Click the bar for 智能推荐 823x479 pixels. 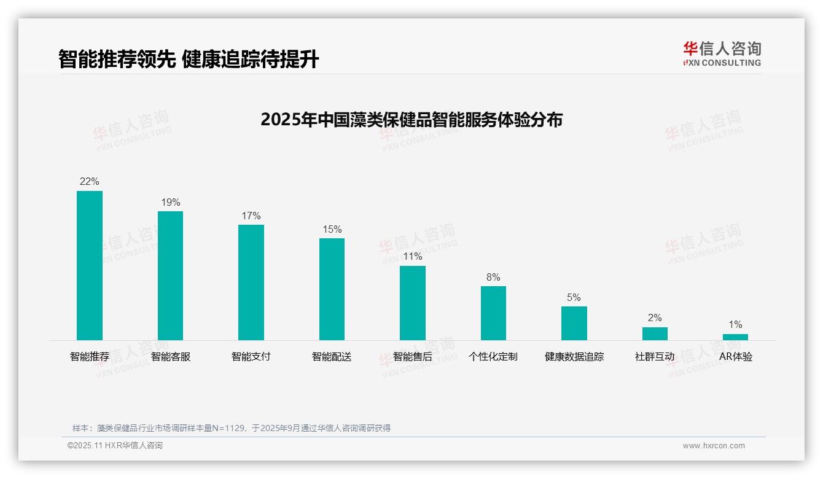click(x=90, y=265)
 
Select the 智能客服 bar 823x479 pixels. click(x=170, y=276)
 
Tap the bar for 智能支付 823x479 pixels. click(x=251, y=282)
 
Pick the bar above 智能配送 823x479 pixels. click(x=332, y=289)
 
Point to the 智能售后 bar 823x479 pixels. click(x=413, y=303)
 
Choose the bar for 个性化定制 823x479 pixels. click(x=493, y=313)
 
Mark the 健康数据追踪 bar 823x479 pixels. click(x=574, y=323)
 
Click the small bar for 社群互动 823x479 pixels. click(x=655, y=333)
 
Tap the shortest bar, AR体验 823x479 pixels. click(x=735, y=337)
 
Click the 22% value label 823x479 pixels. click(x=90, y=182)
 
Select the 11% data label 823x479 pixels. click(x=413, y=257)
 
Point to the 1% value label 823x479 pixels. click(x=735, y=325)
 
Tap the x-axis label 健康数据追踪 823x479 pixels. click(x=574, y=357)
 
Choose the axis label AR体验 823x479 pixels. click(x=735, y=357)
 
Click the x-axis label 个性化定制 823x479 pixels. click(x=493, y=357)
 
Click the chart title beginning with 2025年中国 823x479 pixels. click(x=411, y=120)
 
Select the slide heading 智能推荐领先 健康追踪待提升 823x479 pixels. click(x=189, y=59)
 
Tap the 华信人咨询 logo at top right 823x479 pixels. click(x=722, y=53)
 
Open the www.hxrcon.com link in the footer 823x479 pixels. click(x=714, y=446)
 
